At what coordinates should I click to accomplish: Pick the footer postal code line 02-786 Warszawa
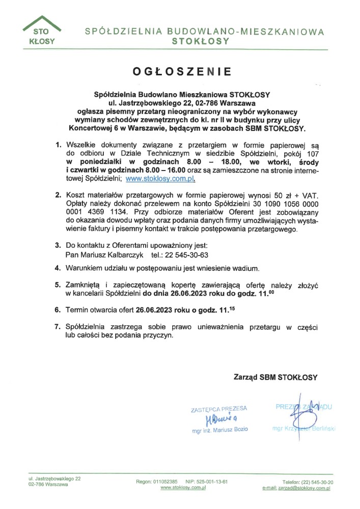(48, 485)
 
